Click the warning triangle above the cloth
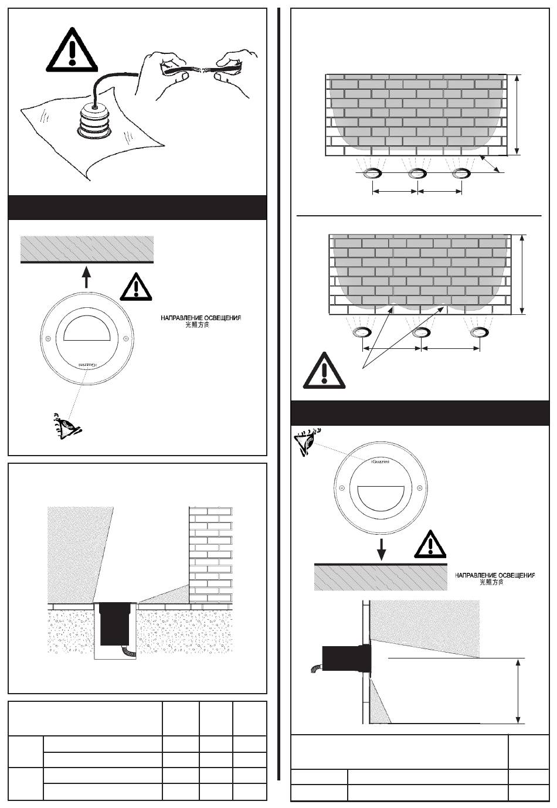71,51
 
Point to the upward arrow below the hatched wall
87,276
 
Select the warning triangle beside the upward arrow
135,287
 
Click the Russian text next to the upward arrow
201,318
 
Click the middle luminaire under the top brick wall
417,173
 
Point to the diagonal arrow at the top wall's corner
490,165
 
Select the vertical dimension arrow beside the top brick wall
517,115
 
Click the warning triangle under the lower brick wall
324,371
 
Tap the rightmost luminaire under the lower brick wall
480,333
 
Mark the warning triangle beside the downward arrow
430,545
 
